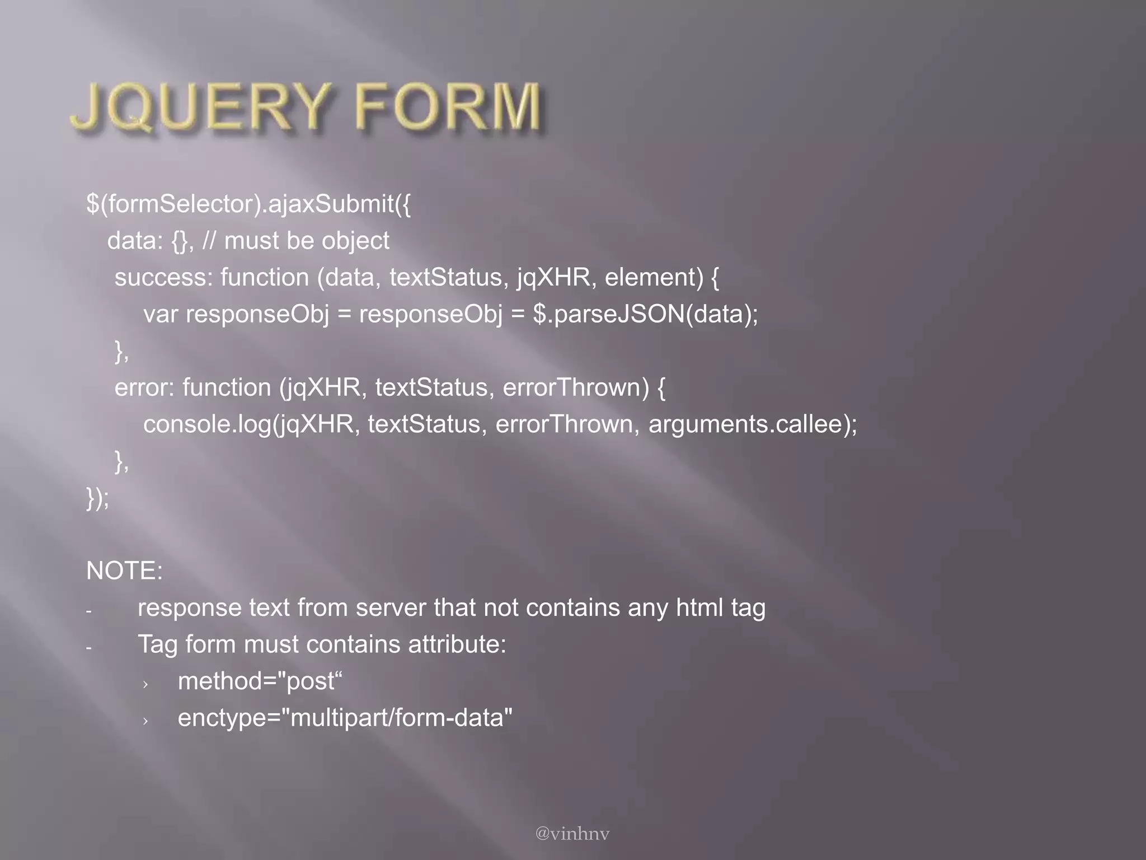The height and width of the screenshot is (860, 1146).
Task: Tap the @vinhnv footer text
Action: (x=572, y=834)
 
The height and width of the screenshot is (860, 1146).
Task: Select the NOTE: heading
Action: (x=124, y=571)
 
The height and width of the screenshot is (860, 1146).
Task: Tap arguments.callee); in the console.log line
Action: (x=753, y=424)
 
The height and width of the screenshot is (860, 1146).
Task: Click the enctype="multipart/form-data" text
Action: (x=345, y=718)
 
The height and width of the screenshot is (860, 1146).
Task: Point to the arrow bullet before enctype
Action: (x=145, y=721)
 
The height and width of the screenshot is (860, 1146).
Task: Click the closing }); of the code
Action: (x=98, y=498)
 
